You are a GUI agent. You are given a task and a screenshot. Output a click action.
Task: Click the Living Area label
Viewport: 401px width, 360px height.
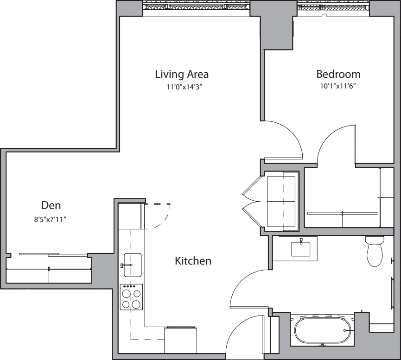tap(182, 74)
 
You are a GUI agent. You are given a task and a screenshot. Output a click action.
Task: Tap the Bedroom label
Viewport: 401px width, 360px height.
tap(338, 74)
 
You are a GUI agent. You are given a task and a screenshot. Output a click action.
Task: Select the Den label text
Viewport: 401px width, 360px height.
tap(51, 205)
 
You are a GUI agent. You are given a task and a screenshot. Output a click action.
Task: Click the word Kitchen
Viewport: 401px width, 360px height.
tap(193, 261)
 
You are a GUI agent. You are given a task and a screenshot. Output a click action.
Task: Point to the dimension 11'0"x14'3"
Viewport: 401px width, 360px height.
tap(185, 87)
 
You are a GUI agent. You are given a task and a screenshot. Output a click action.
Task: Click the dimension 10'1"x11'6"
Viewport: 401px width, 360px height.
tap(338, 86)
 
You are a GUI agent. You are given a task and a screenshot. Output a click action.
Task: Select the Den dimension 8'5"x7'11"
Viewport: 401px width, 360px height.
tap(51, 219)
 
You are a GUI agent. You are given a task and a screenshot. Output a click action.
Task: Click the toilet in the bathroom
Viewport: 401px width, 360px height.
tap(375, 251)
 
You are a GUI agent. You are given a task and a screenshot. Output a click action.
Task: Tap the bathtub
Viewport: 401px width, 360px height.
tap(323, 330)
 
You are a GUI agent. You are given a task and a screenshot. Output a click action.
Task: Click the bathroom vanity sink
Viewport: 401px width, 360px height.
tap(301, 248)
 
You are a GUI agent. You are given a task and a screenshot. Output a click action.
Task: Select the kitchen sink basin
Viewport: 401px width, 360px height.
tap(133, 265)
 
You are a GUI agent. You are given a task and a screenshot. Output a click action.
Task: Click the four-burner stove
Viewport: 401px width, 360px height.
tap(132, 297)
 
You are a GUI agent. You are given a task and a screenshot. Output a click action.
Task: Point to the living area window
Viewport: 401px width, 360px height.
tap(196, 6)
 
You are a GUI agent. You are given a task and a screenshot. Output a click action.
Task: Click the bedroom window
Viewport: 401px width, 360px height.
tap(333, 6)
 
